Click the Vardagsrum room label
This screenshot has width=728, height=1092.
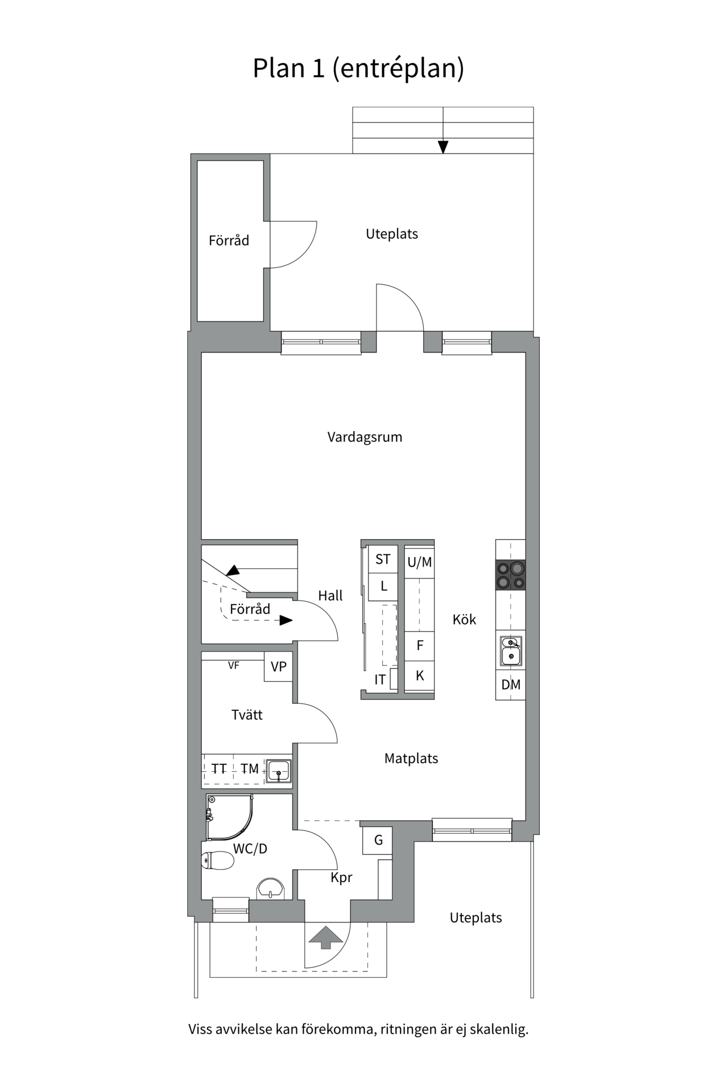pos(365,437)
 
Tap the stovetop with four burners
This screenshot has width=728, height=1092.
pos(510,575)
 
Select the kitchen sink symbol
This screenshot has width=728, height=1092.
pos(510,651)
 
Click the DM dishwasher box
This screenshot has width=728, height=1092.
pos(510,685)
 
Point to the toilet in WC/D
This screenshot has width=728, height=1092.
pos(218,861)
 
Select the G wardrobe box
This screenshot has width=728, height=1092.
pos(378,840)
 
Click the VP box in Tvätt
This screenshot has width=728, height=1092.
pos(278,667)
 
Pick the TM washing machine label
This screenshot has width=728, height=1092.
pos(250,769)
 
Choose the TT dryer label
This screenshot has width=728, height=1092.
pos(219,769)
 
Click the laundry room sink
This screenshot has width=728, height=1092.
pos(278,771)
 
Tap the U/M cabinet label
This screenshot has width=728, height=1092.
pos(420,562)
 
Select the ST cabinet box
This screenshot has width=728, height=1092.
pos(383,559)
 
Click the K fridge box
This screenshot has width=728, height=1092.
pos(420,676)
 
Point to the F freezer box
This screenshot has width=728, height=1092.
pos(420,646)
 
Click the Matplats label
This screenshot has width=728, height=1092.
pos(411,759)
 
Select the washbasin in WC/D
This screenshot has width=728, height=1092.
pos(271,889)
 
